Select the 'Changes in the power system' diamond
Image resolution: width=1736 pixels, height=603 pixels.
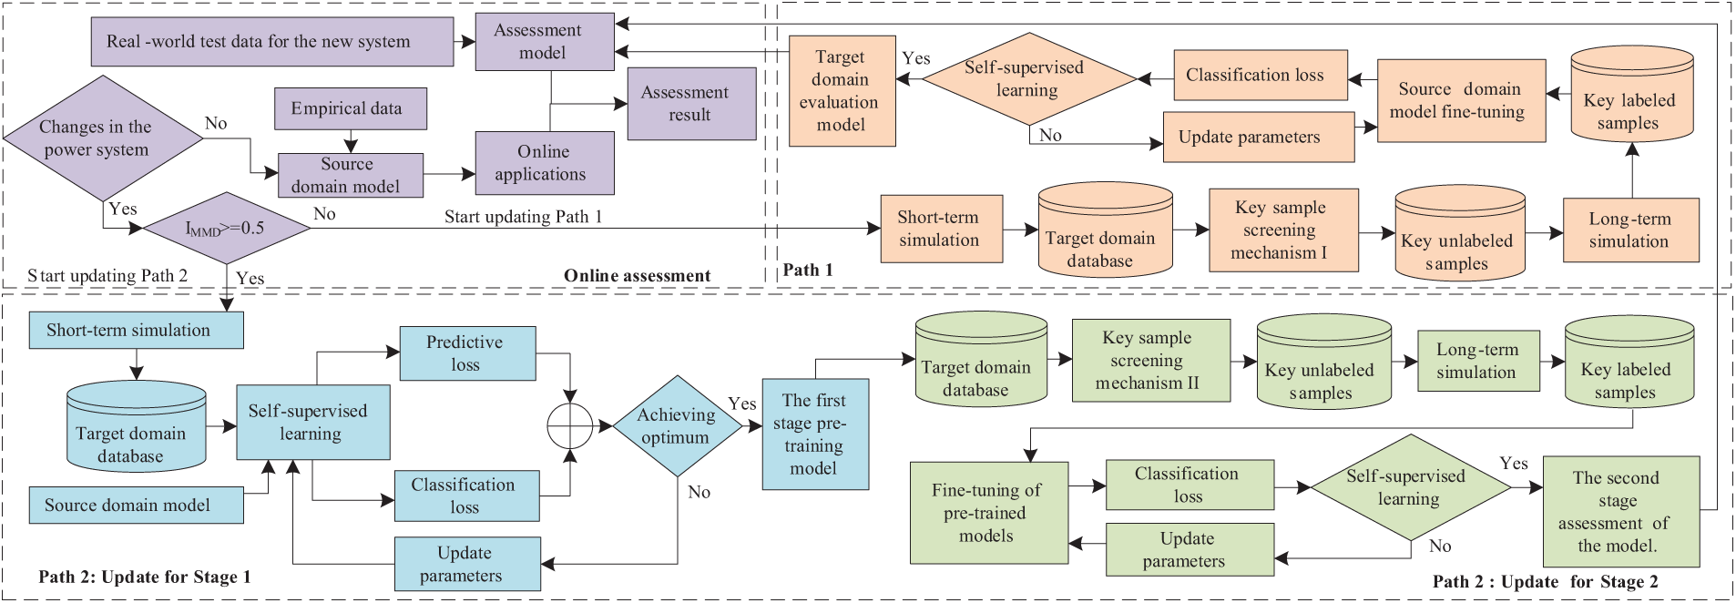pyautogui.click(x=103, y=138)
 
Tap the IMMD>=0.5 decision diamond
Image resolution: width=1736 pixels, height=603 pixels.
pyautogui.click(x=227, y=228)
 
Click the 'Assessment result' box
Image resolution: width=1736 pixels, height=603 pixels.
pyautogui.click(x=691, y=104)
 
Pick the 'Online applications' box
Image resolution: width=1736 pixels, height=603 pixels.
pyautogui.click(x=544, y=163)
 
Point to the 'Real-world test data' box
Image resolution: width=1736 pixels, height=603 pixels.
pyautogui.click(x=271, y=42)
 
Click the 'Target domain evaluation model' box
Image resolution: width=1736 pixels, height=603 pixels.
pyautogui.click(x=841, y=91)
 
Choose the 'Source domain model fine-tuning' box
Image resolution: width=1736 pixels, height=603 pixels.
pyautogui.click(x=1460, y=101)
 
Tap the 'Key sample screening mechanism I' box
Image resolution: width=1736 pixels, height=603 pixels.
pyautogui.click(x=1282, y=230)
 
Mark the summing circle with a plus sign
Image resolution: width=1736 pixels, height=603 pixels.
pyautogui.click(x=569, y=425)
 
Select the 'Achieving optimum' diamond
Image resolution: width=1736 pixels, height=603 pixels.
pyautogui.click(x=677, y=426)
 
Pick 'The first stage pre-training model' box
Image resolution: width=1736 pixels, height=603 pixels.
pyautogui.click(x=814, y=434)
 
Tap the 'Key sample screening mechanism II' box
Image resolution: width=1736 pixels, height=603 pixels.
pyautogui.click(x=1150, y=361)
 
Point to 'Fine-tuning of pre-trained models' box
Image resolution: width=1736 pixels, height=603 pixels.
pyautogui.click(x=987, y=513)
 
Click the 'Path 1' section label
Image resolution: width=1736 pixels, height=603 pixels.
pyautogui.click(x=808, y=270)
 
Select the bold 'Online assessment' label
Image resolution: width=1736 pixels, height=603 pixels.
pyautogui.click(x=637, y=275)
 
